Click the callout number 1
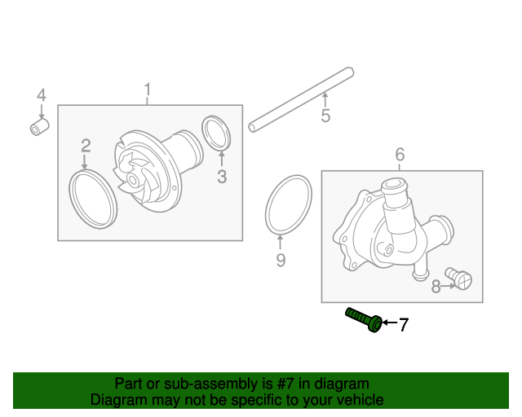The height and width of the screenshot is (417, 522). click(148, 88)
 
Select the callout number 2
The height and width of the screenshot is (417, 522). click(86, 146)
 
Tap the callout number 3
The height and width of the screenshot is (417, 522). click(221, 177)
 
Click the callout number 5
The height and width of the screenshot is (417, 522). click(325, 116)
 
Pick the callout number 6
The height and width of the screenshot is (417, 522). click(400, 154)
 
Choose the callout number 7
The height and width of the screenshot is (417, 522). click(402, 325)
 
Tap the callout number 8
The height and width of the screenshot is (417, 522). click(436, 286)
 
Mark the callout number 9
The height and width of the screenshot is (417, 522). click(280, 260)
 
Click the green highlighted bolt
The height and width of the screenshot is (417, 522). click(364, 318)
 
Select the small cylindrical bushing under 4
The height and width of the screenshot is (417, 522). click(40, 128)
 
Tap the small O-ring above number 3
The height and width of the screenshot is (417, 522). click(215, 134)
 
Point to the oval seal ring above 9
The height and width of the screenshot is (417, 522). click(288, 204)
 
